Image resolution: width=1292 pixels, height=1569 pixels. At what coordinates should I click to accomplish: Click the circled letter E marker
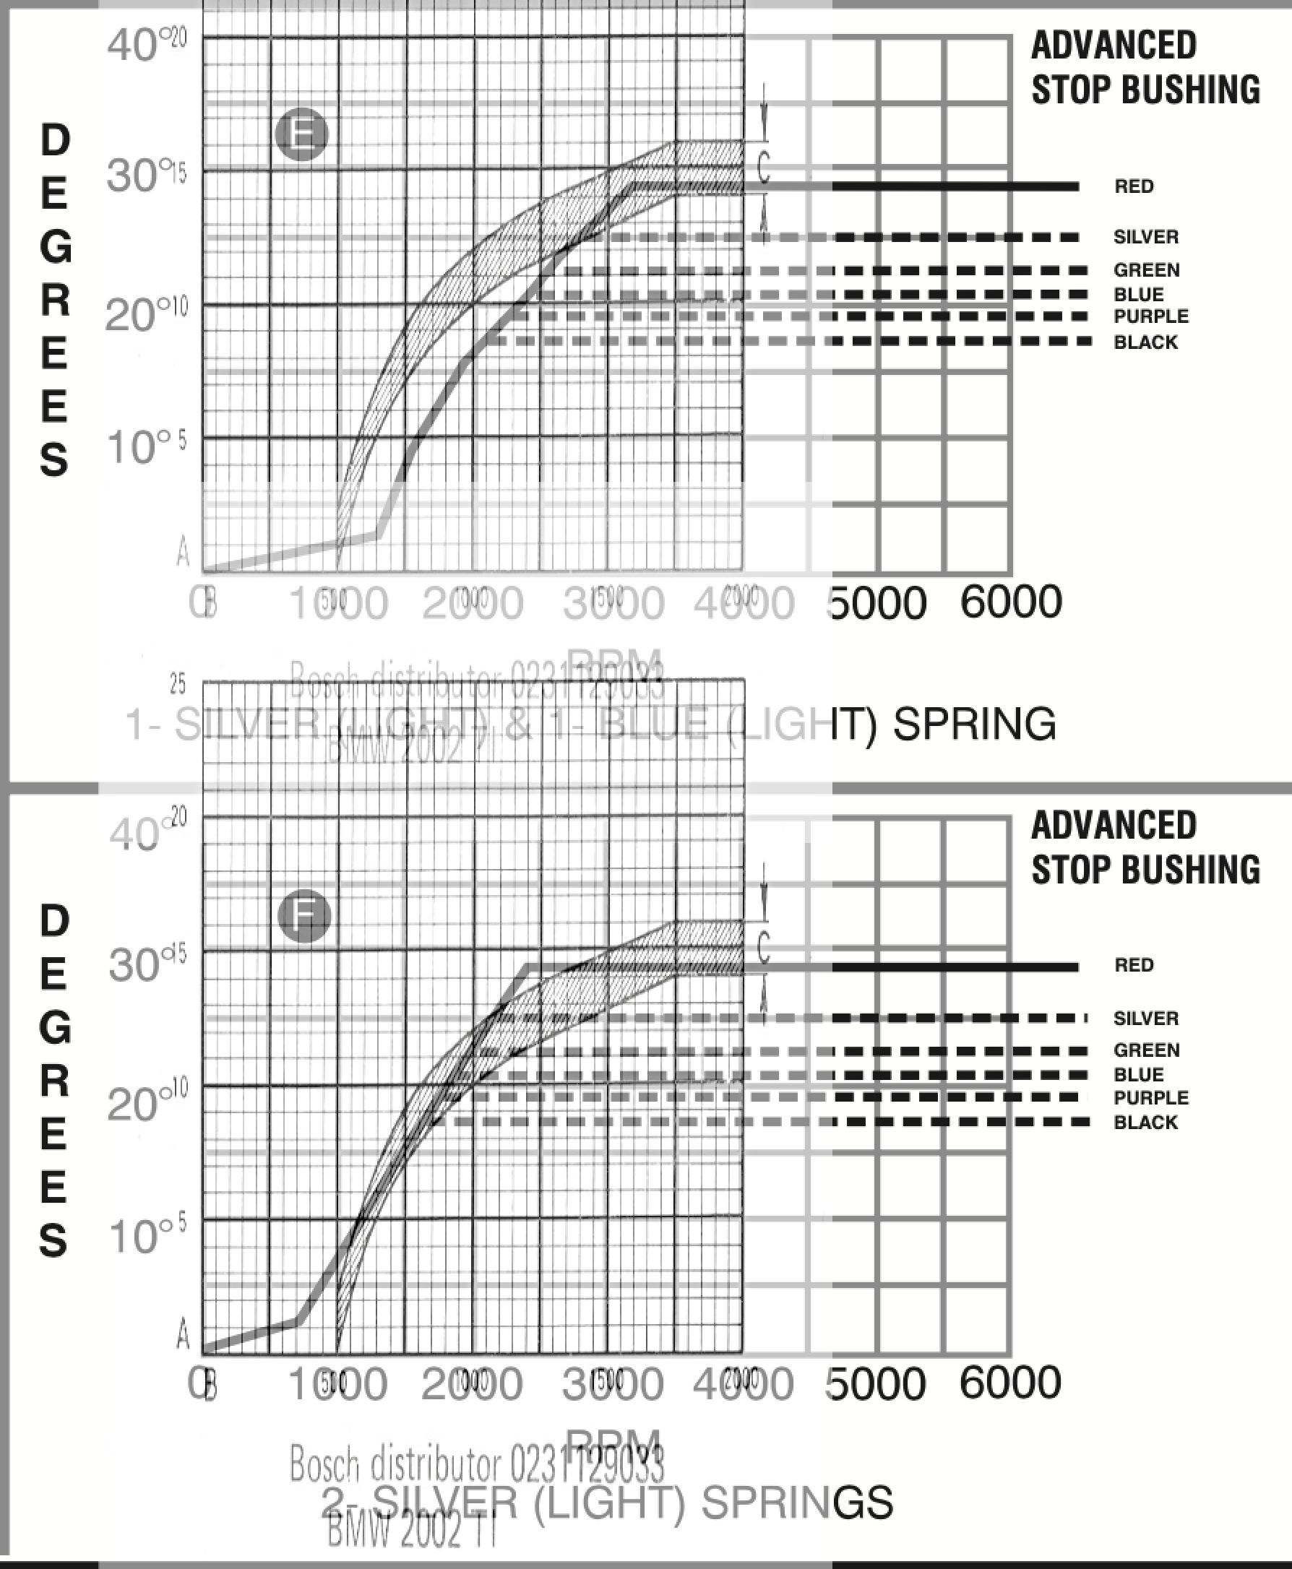coord(301,134)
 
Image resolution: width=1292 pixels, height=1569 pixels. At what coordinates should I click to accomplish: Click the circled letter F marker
coord(303,915)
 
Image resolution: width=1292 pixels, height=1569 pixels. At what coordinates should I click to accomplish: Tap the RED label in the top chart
coord(1134,186)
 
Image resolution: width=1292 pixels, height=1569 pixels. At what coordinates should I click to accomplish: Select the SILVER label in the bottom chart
coord(1145,1018)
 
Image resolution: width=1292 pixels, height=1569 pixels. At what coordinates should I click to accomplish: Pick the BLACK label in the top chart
coord(1145,342)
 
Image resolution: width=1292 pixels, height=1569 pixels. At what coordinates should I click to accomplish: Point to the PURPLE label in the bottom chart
coord(1150,1097)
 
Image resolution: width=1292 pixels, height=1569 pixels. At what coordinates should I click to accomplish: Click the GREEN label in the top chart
coord(1146,270)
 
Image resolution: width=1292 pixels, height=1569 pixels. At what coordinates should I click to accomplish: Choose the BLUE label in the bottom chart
coord(1138,1074)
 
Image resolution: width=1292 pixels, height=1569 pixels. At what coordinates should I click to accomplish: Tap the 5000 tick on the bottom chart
coord(877,1384)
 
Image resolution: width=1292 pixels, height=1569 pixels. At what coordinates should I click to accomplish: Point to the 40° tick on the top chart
coord(132,45)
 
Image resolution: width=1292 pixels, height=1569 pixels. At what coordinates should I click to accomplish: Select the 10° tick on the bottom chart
coord(134,1237)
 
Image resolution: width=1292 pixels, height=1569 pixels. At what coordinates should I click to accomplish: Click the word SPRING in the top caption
coord(974,724)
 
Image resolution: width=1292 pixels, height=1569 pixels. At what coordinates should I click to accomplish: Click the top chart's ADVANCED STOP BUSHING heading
coord(1144,67)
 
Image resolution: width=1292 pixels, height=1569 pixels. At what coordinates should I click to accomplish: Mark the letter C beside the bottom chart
coord(763,947)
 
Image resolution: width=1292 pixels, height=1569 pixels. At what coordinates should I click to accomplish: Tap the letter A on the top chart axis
coord(183,551)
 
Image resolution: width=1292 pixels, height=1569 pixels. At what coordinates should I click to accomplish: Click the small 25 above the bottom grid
coord(177,683)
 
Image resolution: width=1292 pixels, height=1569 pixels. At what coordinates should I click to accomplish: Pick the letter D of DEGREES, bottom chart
coord(54,920)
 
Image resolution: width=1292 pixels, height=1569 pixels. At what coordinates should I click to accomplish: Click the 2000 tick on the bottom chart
coord(471,1384)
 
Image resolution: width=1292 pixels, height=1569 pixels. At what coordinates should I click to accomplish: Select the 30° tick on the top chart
coord(132,176)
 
